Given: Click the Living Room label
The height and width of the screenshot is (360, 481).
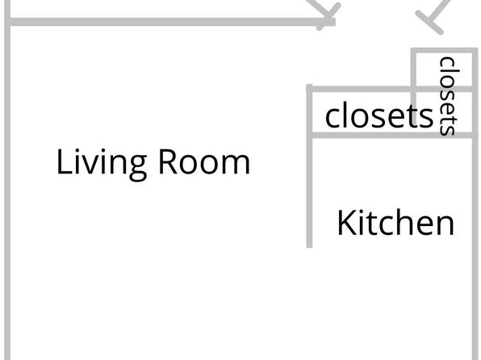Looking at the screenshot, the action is click(x=153, y=163).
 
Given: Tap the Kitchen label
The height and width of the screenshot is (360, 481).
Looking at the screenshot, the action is click(x=395, y=223).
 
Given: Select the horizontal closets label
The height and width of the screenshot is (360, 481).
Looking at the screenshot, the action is click(x=379, y=115).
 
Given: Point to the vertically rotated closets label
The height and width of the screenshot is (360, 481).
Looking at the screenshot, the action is click(x=450, y=96).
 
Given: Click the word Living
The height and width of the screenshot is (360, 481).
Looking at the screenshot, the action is click(x=102, y=164).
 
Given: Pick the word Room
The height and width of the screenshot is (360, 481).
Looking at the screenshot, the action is click(x=204, y=162).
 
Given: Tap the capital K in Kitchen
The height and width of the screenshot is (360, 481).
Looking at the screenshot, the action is click(x=347, y=223).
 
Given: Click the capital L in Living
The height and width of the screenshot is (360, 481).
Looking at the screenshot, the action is click(x=65, y=161).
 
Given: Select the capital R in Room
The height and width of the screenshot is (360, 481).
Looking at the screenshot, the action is click(x=168, y=162).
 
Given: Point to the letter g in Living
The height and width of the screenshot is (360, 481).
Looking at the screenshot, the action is click(x=138, y=168).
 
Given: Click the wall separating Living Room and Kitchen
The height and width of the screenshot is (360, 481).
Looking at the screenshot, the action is click(x=310, y=165).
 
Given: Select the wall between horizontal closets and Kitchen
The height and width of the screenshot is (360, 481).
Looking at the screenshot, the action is click(x=392, y=135).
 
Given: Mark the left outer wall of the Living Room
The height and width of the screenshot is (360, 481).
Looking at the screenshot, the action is click(x=7, y=180).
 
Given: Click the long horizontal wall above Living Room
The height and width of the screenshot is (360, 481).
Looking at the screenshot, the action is click(x=170, y=22).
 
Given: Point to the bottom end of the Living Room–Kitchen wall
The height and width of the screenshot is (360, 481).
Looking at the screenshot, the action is click(x=310, y=247).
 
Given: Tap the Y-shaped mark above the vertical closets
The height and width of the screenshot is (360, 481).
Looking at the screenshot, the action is click(x=433, y=17).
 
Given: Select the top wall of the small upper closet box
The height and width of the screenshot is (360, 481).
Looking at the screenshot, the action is click(x=444, y=51).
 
